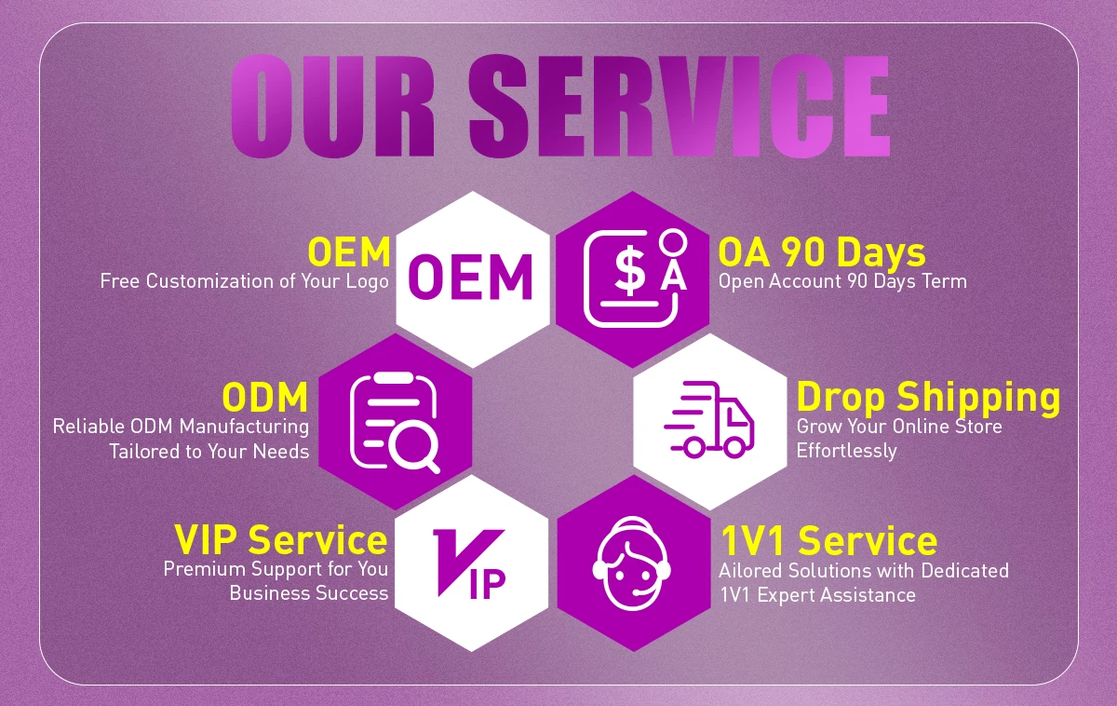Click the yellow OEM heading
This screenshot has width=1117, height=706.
349,252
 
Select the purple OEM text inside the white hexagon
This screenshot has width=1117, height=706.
471,278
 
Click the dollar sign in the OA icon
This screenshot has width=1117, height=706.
629,269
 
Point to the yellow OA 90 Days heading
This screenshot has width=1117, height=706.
821,253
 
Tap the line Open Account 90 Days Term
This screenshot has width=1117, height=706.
842,282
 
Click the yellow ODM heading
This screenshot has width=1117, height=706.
264,397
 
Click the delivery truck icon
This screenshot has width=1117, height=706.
709,420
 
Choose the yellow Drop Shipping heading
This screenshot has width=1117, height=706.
928,398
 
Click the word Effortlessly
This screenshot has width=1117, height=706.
846,451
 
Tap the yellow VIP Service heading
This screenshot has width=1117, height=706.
281,540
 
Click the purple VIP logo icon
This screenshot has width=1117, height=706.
469,563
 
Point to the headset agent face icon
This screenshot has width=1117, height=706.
632,563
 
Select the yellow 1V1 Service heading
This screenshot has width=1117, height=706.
828,541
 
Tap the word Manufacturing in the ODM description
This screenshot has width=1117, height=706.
244,428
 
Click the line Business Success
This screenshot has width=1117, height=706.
309,593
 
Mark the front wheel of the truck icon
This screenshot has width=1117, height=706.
734,447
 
